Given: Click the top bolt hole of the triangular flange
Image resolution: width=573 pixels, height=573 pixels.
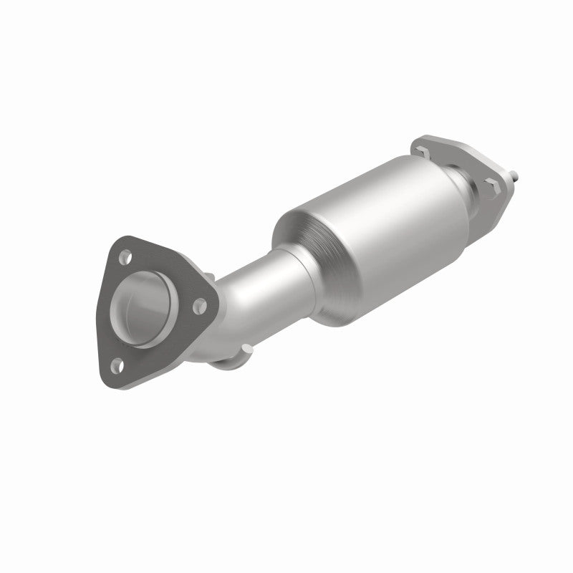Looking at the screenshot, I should coord(126,254).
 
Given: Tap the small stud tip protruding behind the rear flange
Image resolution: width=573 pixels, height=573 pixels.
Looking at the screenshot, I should coord(516,175).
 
